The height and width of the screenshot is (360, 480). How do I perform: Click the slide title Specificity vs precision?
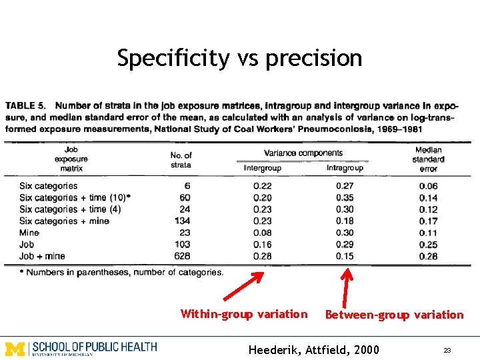click(x=239, y=59)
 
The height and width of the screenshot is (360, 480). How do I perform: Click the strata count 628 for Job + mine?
click(x=181, y=256)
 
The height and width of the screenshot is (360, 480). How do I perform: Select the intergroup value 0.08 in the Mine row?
click(x=263, y=233)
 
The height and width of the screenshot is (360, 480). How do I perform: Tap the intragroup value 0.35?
click(x=345, y=198)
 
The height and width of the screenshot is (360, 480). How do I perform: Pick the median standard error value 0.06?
click(x=429, y=186)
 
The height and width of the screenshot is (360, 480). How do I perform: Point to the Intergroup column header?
click(x=263, y=168)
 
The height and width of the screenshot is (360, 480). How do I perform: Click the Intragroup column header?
click(x=345, y=168)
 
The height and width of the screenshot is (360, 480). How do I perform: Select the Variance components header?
click(x=303, y=153)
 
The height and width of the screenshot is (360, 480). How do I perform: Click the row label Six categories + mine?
click(x=64, y=221)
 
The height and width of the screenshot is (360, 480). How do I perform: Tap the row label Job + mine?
click(x=42, y=256)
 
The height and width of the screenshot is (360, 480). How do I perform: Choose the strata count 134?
click(x=181, y=221)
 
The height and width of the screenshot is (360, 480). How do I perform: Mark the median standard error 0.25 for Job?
click(x=429, y=245)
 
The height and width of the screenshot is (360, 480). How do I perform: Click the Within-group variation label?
click(x=244, y=314)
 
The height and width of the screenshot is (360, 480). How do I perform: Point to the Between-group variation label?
click(x=394, y=315)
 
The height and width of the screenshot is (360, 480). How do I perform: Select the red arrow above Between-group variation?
click(x=346, y=287)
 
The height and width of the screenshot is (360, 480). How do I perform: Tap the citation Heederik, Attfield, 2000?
click(x=313, y=349)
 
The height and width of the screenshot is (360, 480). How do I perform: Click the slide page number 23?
click(x=447, y=350)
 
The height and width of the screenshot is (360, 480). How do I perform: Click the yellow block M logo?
click(x=15, y=348)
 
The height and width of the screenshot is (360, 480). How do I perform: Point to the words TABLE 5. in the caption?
click(x=26, y=105)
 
